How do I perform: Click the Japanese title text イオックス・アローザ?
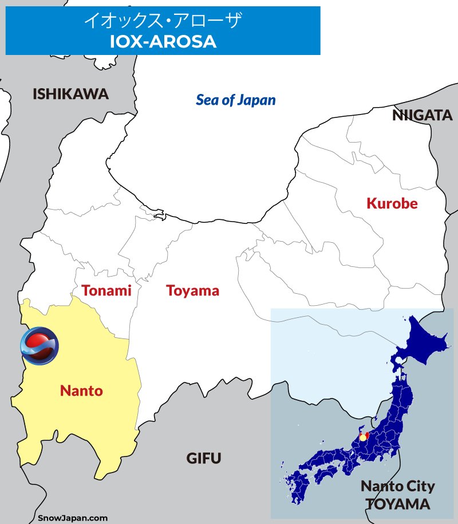[x=163, y=21]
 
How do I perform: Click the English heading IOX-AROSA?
[x=163, y=41]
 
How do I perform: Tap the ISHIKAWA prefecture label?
[x=70, y=94]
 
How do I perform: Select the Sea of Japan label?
[x=235, y=100]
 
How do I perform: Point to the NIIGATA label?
[x=422, y=116]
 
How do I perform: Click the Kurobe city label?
[x=392, y=203]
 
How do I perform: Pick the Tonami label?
[x=106, y=290]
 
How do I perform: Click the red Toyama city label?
[x=192, y=290]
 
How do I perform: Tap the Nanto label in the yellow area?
[x=81, y=391]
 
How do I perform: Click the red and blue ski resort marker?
[x=39, y=345]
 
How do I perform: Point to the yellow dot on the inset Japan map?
[x=362, y=438]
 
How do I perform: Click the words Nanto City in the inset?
[x=397, y=487]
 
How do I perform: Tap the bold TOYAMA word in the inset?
[x=398, y=505]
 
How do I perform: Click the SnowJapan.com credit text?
[x=73, y=518]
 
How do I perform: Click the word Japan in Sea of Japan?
[x=257, y=100]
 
